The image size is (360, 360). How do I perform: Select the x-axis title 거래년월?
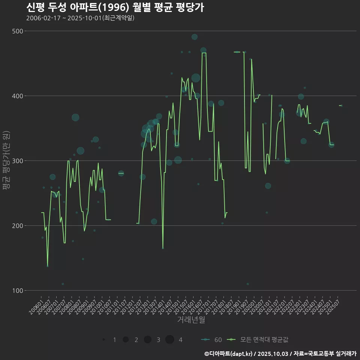click(191, 320)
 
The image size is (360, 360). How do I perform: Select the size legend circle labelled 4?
click(169, 340)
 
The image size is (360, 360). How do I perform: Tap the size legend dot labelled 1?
click(103, 340)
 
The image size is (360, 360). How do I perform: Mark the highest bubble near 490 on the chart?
click(194, 37)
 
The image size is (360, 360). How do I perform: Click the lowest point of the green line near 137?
click(47, 266)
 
